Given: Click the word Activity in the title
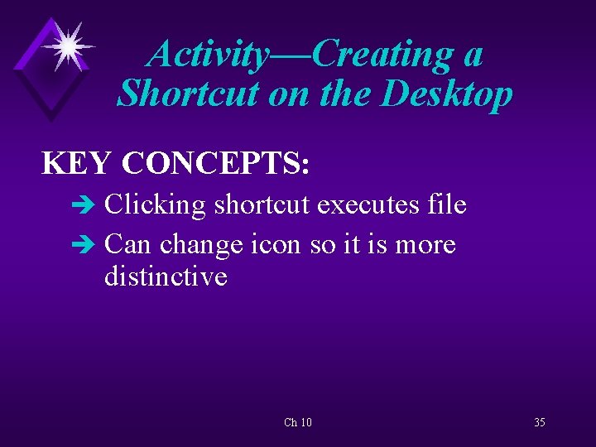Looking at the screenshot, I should [208, 55].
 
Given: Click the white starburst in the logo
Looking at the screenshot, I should [65, 46].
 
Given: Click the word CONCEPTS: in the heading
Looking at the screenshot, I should [216, 164].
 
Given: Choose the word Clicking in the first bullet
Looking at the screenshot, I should [155, 205].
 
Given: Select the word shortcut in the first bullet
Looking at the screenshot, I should [263, 204].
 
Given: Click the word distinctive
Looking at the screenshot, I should [166, 276].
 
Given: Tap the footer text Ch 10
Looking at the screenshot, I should [298, 423].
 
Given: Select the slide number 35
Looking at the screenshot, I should [539, 423].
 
